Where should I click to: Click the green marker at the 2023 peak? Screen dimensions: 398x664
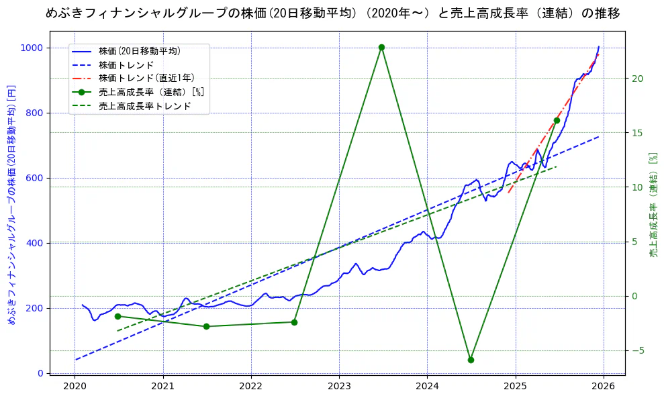[x=381, y=47]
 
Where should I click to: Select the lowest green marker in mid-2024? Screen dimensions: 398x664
[x=471, y=360]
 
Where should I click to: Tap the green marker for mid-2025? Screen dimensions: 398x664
[x=557, y=120]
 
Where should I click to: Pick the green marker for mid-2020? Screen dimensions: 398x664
[x=117, y=316]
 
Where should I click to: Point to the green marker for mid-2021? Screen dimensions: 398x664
[x=206, y=326]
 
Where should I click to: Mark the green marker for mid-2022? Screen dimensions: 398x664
[x=294, y=322]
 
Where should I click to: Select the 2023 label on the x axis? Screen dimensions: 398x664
[x=339, y=386]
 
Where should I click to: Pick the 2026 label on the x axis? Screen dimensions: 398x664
[x=603, y=386]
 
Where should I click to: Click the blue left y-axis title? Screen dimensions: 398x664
[x=11, y=205]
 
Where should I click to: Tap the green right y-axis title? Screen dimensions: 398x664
[x=653, y=205]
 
